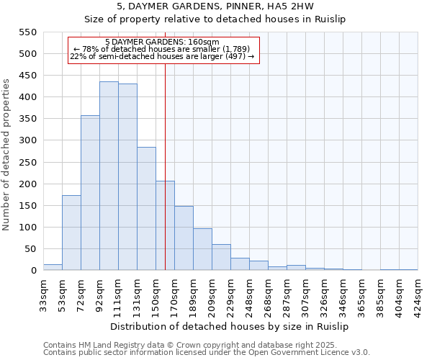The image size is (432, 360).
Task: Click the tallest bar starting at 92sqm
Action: (x=109, y=176)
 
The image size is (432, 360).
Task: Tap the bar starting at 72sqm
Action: (x=90, y=193)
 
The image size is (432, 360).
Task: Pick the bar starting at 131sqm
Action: (x=146, y=209)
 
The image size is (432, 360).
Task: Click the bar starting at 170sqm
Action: (x=184, y=238)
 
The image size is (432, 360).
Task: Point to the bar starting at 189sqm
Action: (x=202, y=249)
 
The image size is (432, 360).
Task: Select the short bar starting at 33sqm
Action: (x=53, y=267)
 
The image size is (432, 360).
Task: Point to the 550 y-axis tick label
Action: (x=27, y=32)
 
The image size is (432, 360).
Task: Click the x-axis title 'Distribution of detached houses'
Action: (x=230, y=327)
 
